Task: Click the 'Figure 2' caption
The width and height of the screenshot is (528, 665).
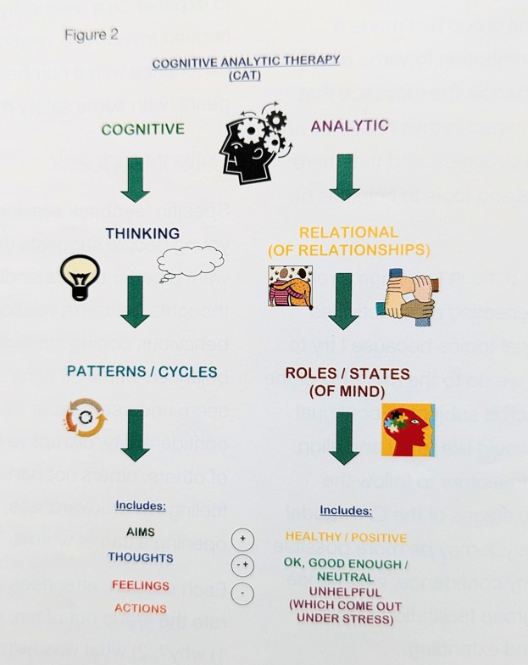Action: [x=92, y=35]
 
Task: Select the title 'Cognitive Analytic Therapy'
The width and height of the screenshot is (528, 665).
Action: [x=246, y=61]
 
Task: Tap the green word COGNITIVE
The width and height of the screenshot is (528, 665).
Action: [x=142, y=130]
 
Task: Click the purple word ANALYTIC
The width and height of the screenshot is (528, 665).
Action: [x=349, y=126]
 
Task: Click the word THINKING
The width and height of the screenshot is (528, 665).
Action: [x=142, y=233]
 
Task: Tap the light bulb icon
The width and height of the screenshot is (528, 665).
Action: [x=80, y=277]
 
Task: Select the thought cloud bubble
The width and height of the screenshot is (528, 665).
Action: [x=190, y=261]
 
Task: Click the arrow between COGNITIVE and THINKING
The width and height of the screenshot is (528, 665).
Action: [x=136, y=180]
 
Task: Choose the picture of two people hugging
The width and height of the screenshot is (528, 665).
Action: [x=290, y=287]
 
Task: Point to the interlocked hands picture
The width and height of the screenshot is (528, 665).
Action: [x=404, y=298]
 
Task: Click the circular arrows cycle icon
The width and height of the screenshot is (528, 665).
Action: [x=85, y=418]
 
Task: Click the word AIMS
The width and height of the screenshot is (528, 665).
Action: [x=141, y=531]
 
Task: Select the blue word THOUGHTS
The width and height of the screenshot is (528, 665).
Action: [x=141, y=557]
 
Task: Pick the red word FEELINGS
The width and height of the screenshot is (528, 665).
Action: [x=141, y=585]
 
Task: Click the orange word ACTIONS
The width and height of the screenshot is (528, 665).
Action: [x=141, y=608]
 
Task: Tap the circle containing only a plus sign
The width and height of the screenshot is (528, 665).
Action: [x=242, y=539]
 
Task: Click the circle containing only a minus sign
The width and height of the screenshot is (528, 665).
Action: [x=242, y=594]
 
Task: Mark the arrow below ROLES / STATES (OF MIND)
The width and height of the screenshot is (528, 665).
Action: [x=343, y=438]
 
